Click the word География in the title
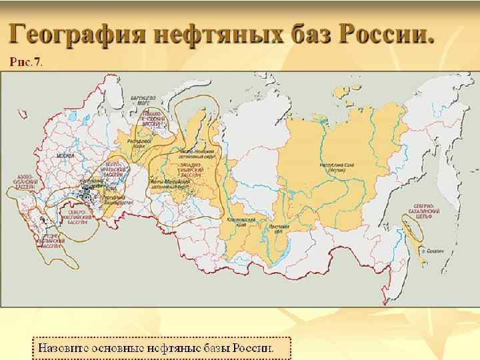76,31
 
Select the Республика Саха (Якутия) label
335,167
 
